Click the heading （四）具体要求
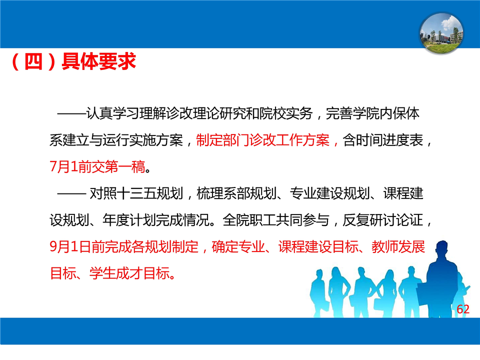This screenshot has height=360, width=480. [x=73, y=61]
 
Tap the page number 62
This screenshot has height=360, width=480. [x=463, y=309]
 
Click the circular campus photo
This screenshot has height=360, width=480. [x=441, y=33]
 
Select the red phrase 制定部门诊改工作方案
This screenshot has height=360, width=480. [x=262, y=140]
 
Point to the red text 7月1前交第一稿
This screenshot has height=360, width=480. [x=97, y=167]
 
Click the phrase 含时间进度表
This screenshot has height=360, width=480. [x=382, y=140]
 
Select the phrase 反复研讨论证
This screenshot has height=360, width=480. [x=382, y=220]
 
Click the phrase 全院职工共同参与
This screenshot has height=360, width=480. [x=276, y=220]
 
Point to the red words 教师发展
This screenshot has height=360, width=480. [x=398, y=246]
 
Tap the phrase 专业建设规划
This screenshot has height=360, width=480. [x=329, y=194]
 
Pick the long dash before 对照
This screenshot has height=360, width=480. [x=71, y=194]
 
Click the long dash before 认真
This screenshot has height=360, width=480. [x=71, y=114]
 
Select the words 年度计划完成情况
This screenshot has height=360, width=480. [x=156, y=220]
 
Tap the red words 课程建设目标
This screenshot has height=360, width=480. [x=318, y=246]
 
